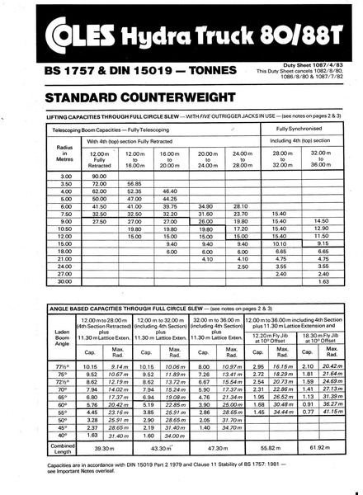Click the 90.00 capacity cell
pyautogui.click(x=99, y=176)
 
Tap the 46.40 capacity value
pyautogui.click(x=170, y=191)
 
